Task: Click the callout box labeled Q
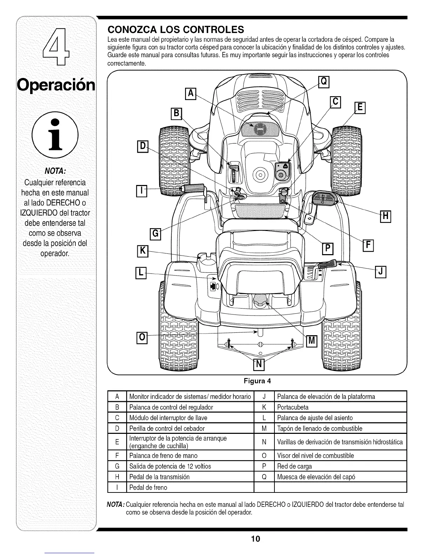pos(324,81)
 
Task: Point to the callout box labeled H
pos(385,217)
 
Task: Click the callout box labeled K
pos(142,251)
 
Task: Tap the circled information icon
pos(55,135)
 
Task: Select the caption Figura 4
pos(257,381)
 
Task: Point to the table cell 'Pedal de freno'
pos(148,488)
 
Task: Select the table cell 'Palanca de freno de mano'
pos(163,456)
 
